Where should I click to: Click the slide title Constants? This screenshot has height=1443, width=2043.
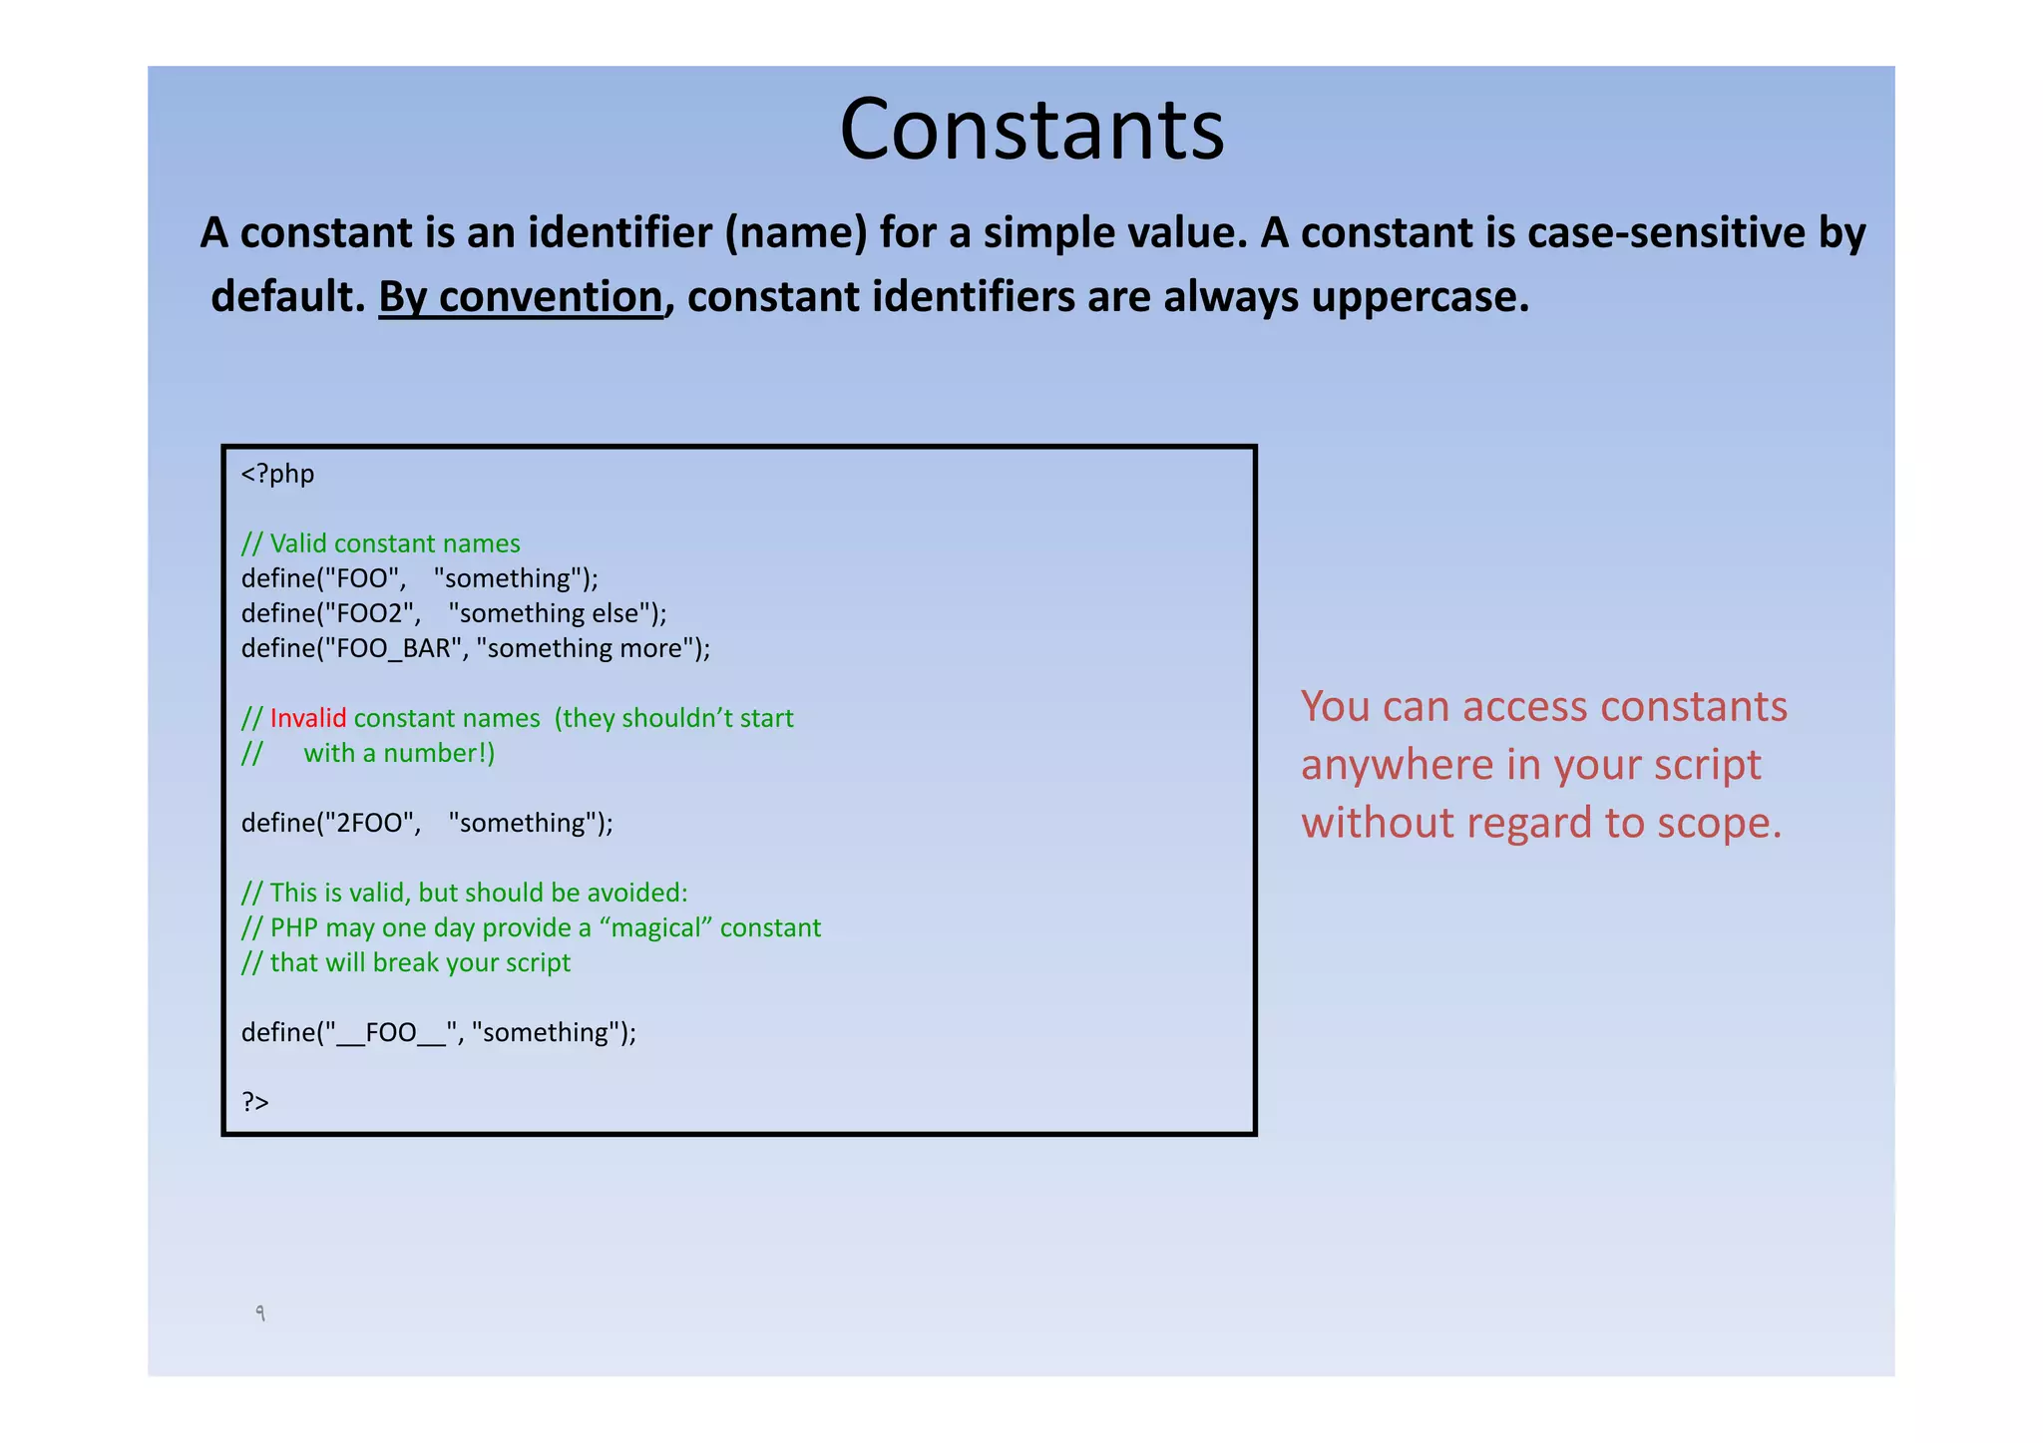point(1031,130)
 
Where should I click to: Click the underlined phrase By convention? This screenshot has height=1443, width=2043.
point(520,297)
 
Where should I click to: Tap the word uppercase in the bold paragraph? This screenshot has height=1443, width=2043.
point(1414,297)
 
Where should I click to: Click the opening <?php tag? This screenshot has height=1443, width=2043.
point(277,474)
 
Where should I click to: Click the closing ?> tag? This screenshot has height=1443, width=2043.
point(255,1102)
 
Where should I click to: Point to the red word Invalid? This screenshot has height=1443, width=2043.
point(308,718)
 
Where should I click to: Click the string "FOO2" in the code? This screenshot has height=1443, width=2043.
point(367,613)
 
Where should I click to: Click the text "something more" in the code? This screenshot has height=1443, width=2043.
point(585,648)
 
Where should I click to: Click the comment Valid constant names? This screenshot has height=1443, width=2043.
point(394,543)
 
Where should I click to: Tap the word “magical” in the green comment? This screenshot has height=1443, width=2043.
point(655,927)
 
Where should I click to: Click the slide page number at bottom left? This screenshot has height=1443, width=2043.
point(260,1313)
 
